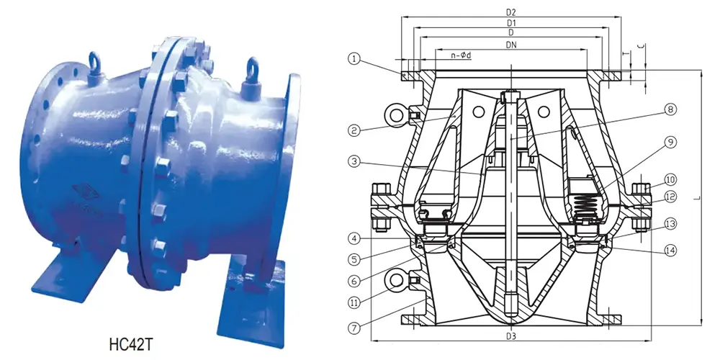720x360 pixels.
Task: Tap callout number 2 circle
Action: (x=353, y=130)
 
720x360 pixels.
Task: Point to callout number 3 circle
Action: (x=353, y=163)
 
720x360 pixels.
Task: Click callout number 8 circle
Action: (x=670, y=110)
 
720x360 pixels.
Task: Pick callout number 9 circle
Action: (x=670, y=143)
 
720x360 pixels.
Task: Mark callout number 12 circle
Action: (x=670, y=197)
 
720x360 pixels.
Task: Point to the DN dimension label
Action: (x=511, y=45)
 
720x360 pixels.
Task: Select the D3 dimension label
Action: (x=511, y=336)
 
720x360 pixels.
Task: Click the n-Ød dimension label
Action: (x=461, y=55)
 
